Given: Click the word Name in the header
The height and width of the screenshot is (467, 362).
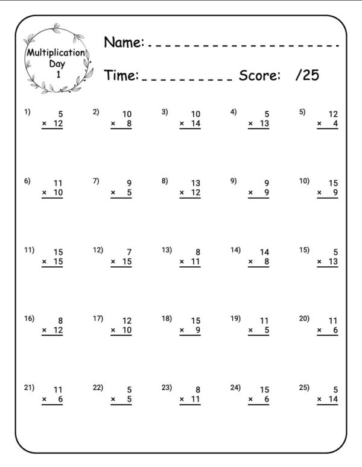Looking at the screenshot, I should click(123, 42).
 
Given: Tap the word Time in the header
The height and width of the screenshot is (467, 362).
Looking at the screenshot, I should click(121, 75).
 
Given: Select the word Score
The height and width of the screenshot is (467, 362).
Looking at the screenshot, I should click(259, 75).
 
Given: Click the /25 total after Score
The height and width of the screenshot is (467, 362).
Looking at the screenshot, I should click(308, 75).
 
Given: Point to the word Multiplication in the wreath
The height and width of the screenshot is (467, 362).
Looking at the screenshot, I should click(56, 53).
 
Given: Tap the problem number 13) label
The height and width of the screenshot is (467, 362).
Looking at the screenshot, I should click(167, 250).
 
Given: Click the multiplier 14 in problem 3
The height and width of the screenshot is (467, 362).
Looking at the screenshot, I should click(195, 124).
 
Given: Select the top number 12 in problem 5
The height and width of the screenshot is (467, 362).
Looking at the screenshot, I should click(333, 114).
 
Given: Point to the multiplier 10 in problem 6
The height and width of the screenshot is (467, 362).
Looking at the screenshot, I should click(57, 193).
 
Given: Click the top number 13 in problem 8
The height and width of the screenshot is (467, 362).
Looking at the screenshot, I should click(195, 183).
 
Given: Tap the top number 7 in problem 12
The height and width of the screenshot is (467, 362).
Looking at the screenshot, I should click(129, 252).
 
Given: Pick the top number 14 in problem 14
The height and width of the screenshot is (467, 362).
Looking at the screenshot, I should click(264, 252).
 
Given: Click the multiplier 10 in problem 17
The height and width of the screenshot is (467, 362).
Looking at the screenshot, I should click(127, 330).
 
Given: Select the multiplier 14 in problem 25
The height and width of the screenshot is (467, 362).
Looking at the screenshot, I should click(333, 400).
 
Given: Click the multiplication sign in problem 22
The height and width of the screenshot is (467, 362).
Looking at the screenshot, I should click(113, 400).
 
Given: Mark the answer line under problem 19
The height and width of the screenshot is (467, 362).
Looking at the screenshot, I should click(258, 336).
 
